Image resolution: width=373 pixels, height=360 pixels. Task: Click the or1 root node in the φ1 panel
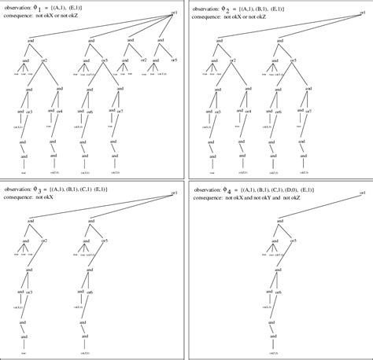(x=174, y=13)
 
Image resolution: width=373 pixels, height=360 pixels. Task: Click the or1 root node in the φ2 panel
(x=362, y=13)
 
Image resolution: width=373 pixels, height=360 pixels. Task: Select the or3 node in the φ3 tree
(x=29, y=292)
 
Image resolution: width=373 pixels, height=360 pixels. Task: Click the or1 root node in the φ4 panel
(x=362, y=193)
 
